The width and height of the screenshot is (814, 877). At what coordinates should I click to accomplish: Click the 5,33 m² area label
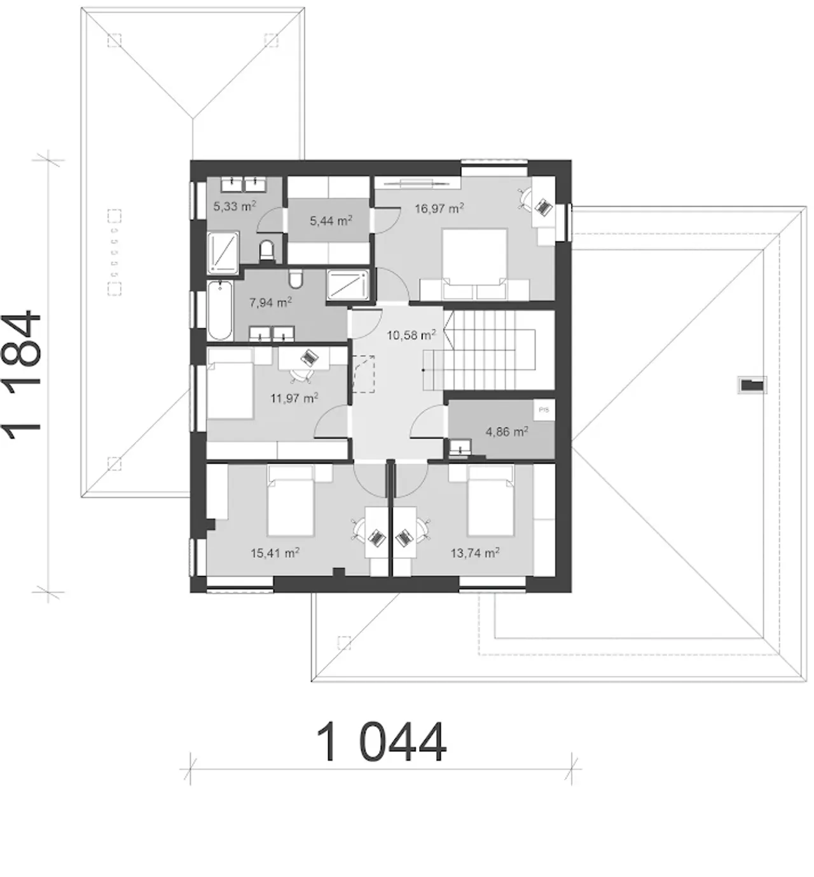(x=235, y=206)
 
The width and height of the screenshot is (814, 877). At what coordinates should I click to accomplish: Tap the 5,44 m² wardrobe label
(x=331, y=220)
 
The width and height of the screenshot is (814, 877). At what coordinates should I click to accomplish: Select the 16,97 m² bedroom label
(x=439, y=208)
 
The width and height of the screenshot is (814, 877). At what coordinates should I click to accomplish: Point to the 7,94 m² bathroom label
(x=270, y=303)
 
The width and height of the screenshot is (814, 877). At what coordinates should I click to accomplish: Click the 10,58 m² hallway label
(x=411, y=335)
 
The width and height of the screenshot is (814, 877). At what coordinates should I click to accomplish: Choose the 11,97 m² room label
(x=294, y=398)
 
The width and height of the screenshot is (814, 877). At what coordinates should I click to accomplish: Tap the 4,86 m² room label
(x=507, y=431)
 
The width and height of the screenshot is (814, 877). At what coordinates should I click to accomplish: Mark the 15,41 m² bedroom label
(x=275, y=553)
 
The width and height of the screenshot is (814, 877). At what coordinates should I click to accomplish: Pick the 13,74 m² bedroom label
(x=475, y=553)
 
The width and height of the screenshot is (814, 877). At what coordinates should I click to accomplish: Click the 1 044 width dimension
(x=382, y=742)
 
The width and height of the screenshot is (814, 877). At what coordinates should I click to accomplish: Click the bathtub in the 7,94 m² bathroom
(x=220, y=310)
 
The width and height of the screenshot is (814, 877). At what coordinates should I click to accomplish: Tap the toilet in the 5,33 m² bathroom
(x=266, y=251)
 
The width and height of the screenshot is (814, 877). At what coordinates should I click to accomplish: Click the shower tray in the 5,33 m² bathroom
(x=223, y=251)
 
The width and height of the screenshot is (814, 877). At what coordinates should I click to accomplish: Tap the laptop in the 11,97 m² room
(x=310, y=357)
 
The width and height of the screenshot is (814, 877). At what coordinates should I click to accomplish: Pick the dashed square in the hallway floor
(x=364, y=373)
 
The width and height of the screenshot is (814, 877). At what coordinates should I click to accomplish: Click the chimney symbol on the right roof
(x=752, y=385)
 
